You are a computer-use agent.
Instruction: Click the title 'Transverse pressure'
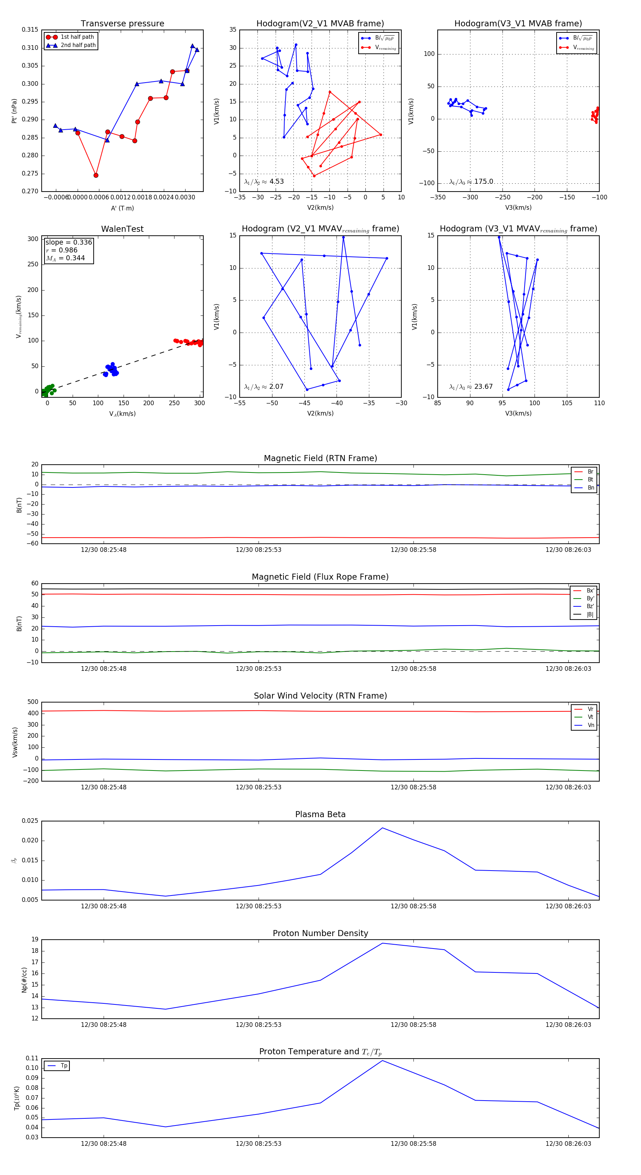point(122,24)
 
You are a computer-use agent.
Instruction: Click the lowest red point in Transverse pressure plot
point(96,175)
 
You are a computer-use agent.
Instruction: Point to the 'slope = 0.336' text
point(68,242)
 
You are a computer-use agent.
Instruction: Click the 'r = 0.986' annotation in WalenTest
point(62,250)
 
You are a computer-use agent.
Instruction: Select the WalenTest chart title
point(122,229)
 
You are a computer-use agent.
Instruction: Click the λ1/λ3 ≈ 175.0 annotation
point(471,182)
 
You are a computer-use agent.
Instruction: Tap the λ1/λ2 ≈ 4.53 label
point(264,182)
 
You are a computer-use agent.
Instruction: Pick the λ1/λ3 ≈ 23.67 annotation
point(471,387)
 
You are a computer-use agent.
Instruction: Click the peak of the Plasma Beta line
point(382,828)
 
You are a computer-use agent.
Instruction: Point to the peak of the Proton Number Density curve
point(382,943)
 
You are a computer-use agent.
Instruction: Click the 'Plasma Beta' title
point(320,815)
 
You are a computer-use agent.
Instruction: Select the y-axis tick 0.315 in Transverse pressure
point(30,30)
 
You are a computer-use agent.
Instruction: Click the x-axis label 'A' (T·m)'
point(122,208)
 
